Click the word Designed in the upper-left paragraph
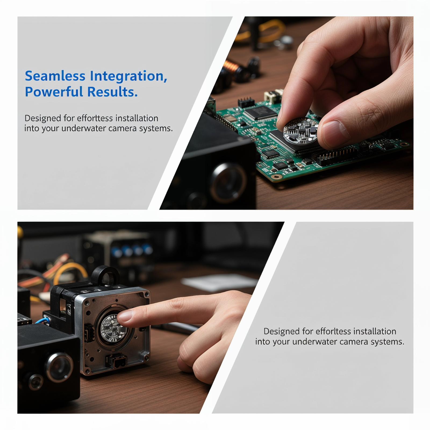click(42, 119)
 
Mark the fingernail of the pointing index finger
click(125, 316)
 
